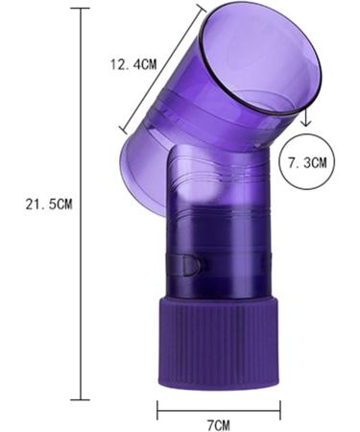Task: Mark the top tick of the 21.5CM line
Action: (81, 9)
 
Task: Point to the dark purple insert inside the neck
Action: (216, 240)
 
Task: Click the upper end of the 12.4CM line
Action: (204, 6)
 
